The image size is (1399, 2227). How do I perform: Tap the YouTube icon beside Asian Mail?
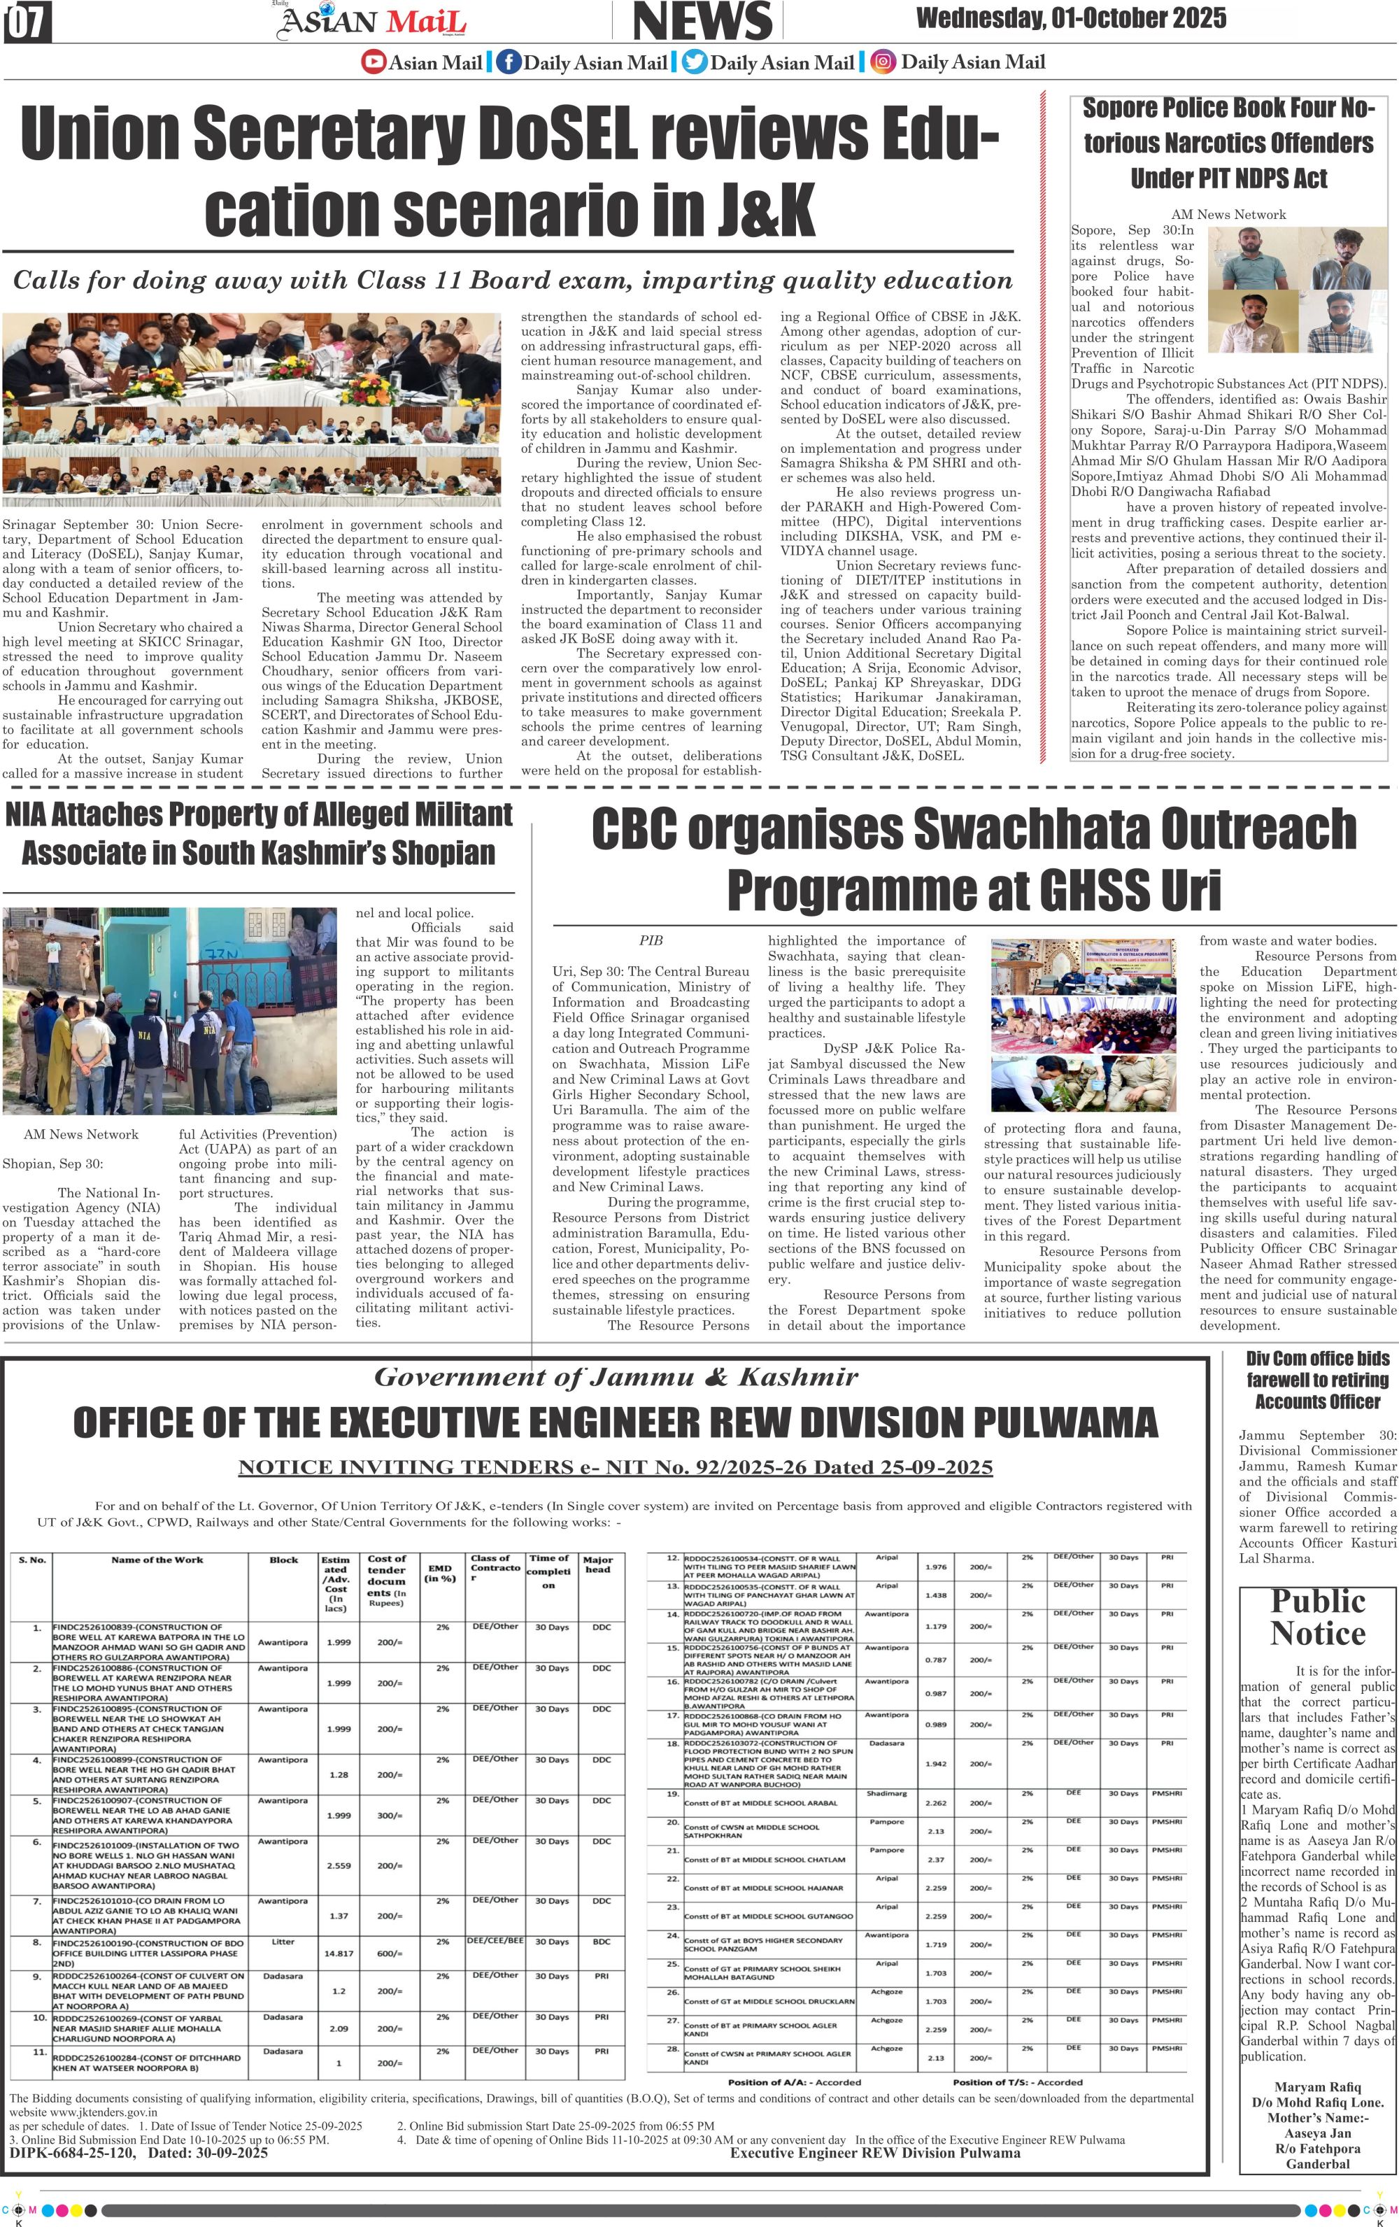[x=374, y=63]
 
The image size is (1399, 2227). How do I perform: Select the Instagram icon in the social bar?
[x=884, y=62]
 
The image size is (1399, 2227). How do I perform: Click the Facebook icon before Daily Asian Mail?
[x=508, y=63]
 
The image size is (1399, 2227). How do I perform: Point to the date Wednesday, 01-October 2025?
[x=1071, y=17]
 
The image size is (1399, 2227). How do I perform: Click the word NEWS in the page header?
[x=703, y=21]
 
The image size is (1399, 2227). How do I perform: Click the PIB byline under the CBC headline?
[x=651, y=940]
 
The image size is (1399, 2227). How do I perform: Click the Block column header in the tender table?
[x=284, y=1560]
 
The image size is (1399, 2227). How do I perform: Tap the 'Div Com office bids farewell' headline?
[x=1318, y=1380]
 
